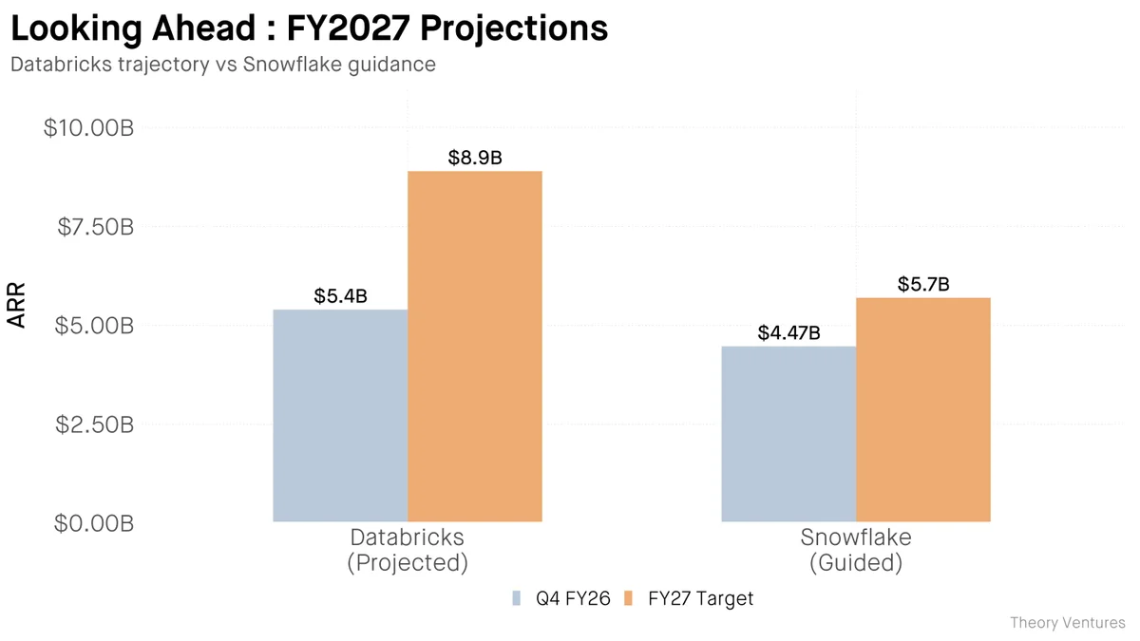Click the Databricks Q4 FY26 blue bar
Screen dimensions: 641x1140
coord(340,415)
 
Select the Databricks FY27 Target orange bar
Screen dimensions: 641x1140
coord(475,346)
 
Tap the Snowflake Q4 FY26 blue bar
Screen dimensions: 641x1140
coord(788,433)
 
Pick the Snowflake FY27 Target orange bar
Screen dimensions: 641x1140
coord(923,409)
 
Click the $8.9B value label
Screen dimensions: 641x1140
coord(475,158)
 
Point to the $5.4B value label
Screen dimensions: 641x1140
coord(340,296)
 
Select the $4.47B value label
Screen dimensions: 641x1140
coord(788,333)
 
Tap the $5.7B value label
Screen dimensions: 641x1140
coord(923,284)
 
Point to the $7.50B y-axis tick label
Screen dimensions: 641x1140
coord(93,227)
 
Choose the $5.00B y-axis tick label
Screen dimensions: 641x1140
coord(93,326)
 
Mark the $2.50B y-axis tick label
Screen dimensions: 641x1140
coord(93,424)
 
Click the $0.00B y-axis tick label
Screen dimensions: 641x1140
coord(93,522)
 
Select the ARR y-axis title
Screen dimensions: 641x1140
coord(17,306)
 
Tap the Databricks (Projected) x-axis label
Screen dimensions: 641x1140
coord(408,550)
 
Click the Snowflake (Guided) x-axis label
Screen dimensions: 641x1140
coord(855,550)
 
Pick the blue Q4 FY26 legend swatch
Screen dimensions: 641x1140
coord(518,598)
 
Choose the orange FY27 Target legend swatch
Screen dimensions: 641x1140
coord(629,598)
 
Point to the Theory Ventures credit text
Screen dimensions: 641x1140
coord(1067,623)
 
